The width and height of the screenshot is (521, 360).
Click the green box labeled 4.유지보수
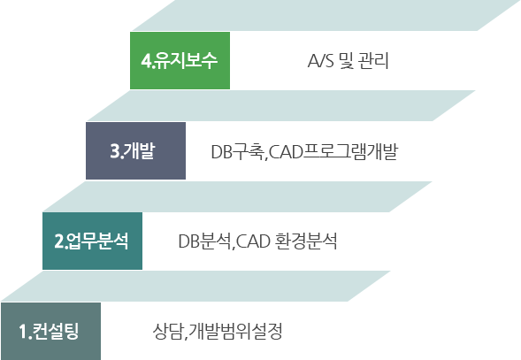(180, 60)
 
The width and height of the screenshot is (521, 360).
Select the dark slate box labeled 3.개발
(135, 150)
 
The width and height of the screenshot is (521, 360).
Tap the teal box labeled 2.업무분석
(92, 241)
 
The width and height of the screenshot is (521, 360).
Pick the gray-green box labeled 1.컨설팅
(50, 331)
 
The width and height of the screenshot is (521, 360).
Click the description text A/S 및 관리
(348, 61)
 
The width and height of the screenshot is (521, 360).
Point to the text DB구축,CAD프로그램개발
(304, 152)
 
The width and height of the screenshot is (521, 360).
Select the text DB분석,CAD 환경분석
(257, 241)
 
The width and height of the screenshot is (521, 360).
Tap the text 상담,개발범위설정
(218, 332)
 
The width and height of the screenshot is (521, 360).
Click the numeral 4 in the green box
(146, 61)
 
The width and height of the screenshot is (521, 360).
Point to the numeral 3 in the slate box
(115, 151)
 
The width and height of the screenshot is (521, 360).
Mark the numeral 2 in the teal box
(58, 241)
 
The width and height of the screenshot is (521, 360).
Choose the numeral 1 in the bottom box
(23, 332)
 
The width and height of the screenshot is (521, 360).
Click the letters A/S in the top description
(320, 61)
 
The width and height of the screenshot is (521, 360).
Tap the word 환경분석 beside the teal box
(307, 241)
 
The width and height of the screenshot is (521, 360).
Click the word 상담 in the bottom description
(167, 332)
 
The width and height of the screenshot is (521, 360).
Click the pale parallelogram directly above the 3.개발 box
(280, 105)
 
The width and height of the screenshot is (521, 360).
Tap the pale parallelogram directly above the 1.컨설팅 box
(195, 287)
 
